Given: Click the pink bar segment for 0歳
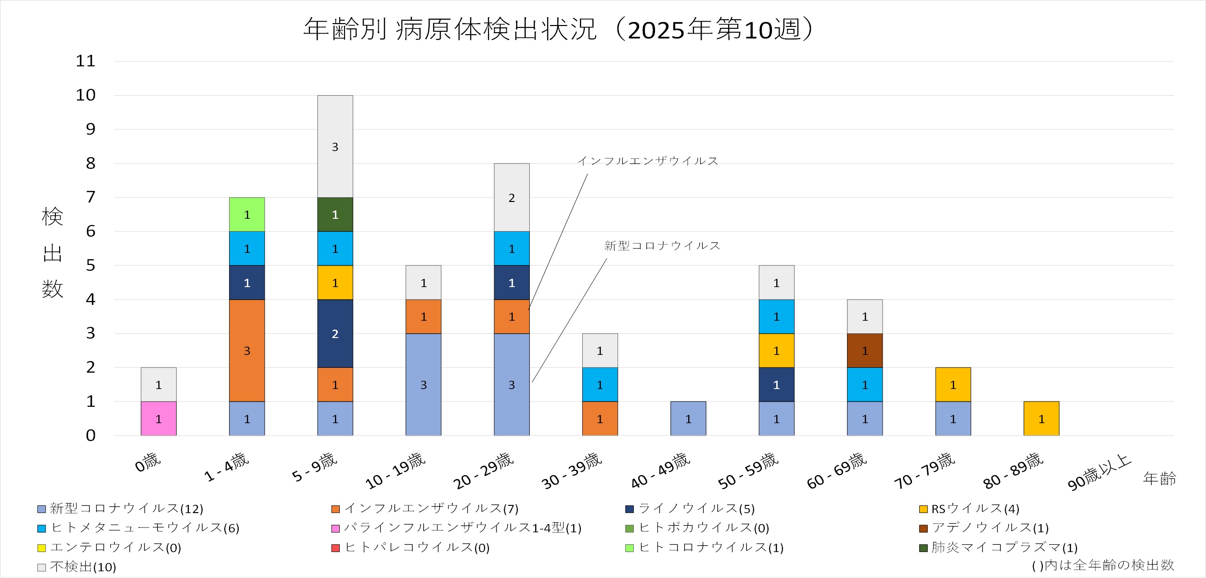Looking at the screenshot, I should (x=158, y=418).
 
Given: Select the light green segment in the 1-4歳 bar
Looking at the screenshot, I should (x=246, y=214).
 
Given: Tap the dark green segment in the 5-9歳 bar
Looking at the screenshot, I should (x=335, y=214).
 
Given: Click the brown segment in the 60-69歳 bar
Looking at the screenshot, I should (x=864, y=351).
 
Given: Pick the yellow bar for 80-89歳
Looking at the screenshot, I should (x=1041, y=418).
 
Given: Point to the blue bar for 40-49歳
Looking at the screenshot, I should (x=688, y=418).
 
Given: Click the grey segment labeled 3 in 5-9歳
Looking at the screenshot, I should (x=335, y=146).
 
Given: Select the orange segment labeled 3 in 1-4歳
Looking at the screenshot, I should (x=246, y=351).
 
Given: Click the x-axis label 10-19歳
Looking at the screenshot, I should (x=396, y=471).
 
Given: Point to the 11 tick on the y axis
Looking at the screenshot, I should (x=86, y=61).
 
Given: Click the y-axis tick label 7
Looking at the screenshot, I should (x=90, y=197).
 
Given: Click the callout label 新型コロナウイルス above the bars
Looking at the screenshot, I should (x=662, y=246).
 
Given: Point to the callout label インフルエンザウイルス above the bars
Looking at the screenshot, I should (x=648, y=161).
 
